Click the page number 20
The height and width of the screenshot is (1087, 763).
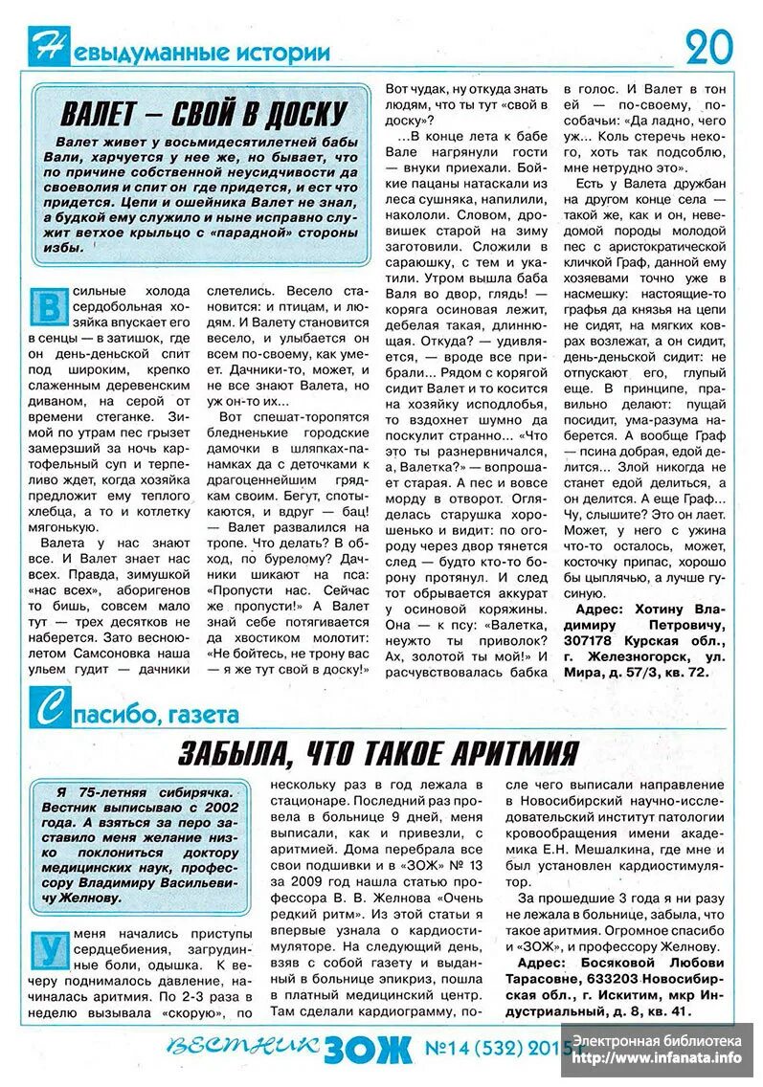click(x=709, y=45)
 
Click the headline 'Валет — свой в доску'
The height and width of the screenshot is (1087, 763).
click(x=203, y=114)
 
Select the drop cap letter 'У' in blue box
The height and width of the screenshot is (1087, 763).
click(x=48, y=950)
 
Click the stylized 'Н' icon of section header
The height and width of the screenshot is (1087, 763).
click(x=46, y=46)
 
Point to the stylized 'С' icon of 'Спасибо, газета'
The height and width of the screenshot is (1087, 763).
click(x=46, y=711)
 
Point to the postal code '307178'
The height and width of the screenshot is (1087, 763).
click(x=590, y=639)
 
